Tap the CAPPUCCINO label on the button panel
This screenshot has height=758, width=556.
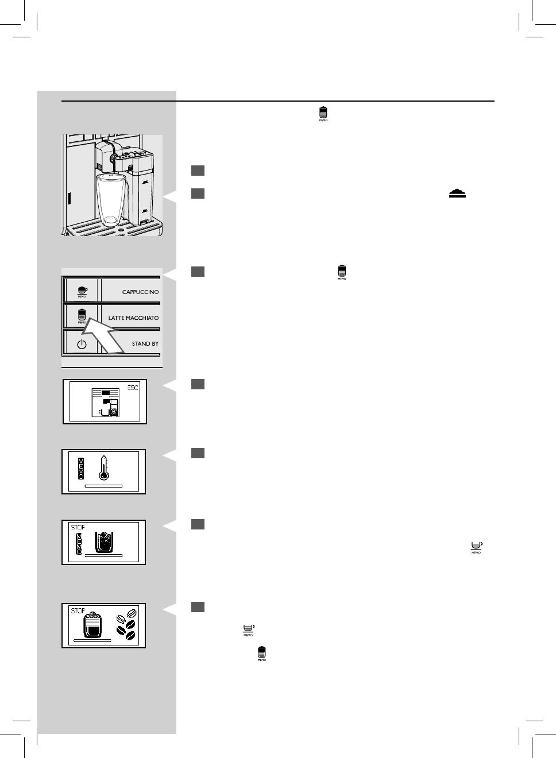pyautogui.click(x=140, y=292)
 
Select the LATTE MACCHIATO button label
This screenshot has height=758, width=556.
pyautogui.click(x=133, y=318)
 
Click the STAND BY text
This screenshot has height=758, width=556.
pyautogui.click(x=145, y=344)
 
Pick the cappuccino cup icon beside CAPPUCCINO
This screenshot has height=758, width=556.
pyautogui.click(x=82, y=291)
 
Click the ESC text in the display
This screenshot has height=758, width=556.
pyautogui.click(x=133, y=388)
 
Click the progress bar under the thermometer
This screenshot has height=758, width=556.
pyautogui.click(x=103, y=486)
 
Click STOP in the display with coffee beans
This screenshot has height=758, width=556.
pyautogui.click(x=78, y=611)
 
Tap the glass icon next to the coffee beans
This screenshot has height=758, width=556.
pyautogui.click(x=92, y=625)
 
